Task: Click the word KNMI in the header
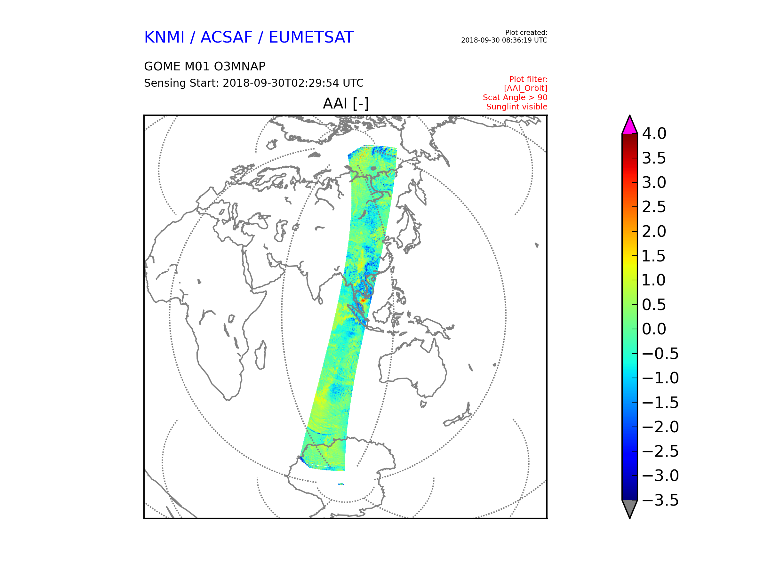point(164,37)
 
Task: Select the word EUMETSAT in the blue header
point(311,37)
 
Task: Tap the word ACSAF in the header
point(226,37)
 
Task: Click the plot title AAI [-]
point(346,103)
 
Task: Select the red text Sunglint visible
point(516,107)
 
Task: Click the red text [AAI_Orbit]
point(526,89)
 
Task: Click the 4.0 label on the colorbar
point(654,134)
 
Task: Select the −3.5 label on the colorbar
point(660,500)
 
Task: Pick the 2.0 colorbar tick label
point(654,232)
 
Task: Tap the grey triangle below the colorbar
point(629,508)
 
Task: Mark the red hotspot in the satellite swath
point(363,300)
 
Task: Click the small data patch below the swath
point(341,484)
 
